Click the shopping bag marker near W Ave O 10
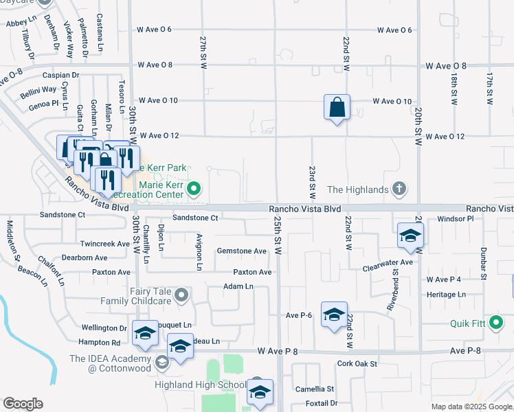point(337,108)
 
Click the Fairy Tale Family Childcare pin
point(181,296)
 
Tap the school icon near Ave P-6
point(334,315)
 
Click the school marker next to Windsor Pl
point(410,236)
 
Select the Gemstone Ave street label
point(241,251)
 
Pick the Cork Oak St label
point(357,363)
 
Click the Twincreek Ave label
point(105,244)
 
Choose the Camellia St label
point(315,389)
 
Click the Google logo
point(23,404)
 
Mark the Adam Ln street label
point(238,286)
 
